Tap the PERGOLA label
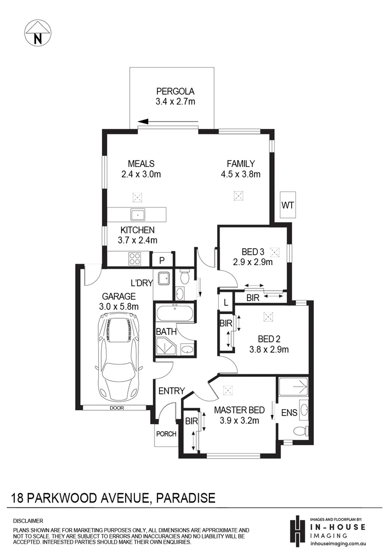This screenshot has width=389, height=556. [175, 92]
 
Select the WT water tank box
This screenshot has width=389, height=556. [287, 205]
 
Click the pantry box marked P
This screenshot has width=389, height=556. [161, 260]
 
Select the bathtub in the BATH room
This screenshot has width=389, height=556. [174, 314]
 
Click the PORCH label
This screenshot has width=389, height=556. [166, 434]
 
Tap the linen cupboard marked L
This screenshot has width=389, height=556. [226, 302]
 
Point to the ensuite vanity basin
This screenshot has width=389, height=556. [303, 410]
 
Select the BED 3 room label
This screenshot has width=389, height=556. [253, 252]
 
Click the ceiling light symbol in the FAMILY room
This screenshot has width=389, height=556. [239, 196]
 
